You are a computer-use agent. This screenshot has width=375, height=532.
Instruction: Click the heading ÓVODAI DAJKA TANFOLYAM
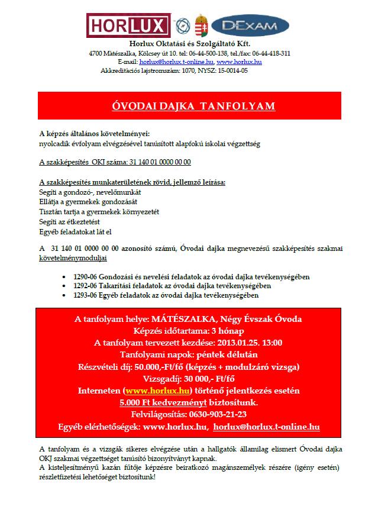coord(194,106)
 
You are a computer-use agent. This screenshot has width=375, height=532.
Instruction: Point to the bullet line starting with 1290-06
coord(189,277)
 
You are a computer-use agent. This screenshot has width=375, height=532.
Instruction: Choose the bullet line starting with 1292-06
coord(187,286)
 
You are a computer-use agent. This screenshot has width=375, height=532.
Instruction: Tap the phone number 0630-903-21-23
coord(216,414)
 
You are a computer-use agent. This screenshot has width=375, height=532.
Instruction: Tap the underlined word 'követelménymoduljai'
coord(73,259)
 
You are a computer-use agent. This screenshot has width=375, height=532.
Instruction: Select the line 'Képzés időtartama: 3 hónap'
coord(189,331)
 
